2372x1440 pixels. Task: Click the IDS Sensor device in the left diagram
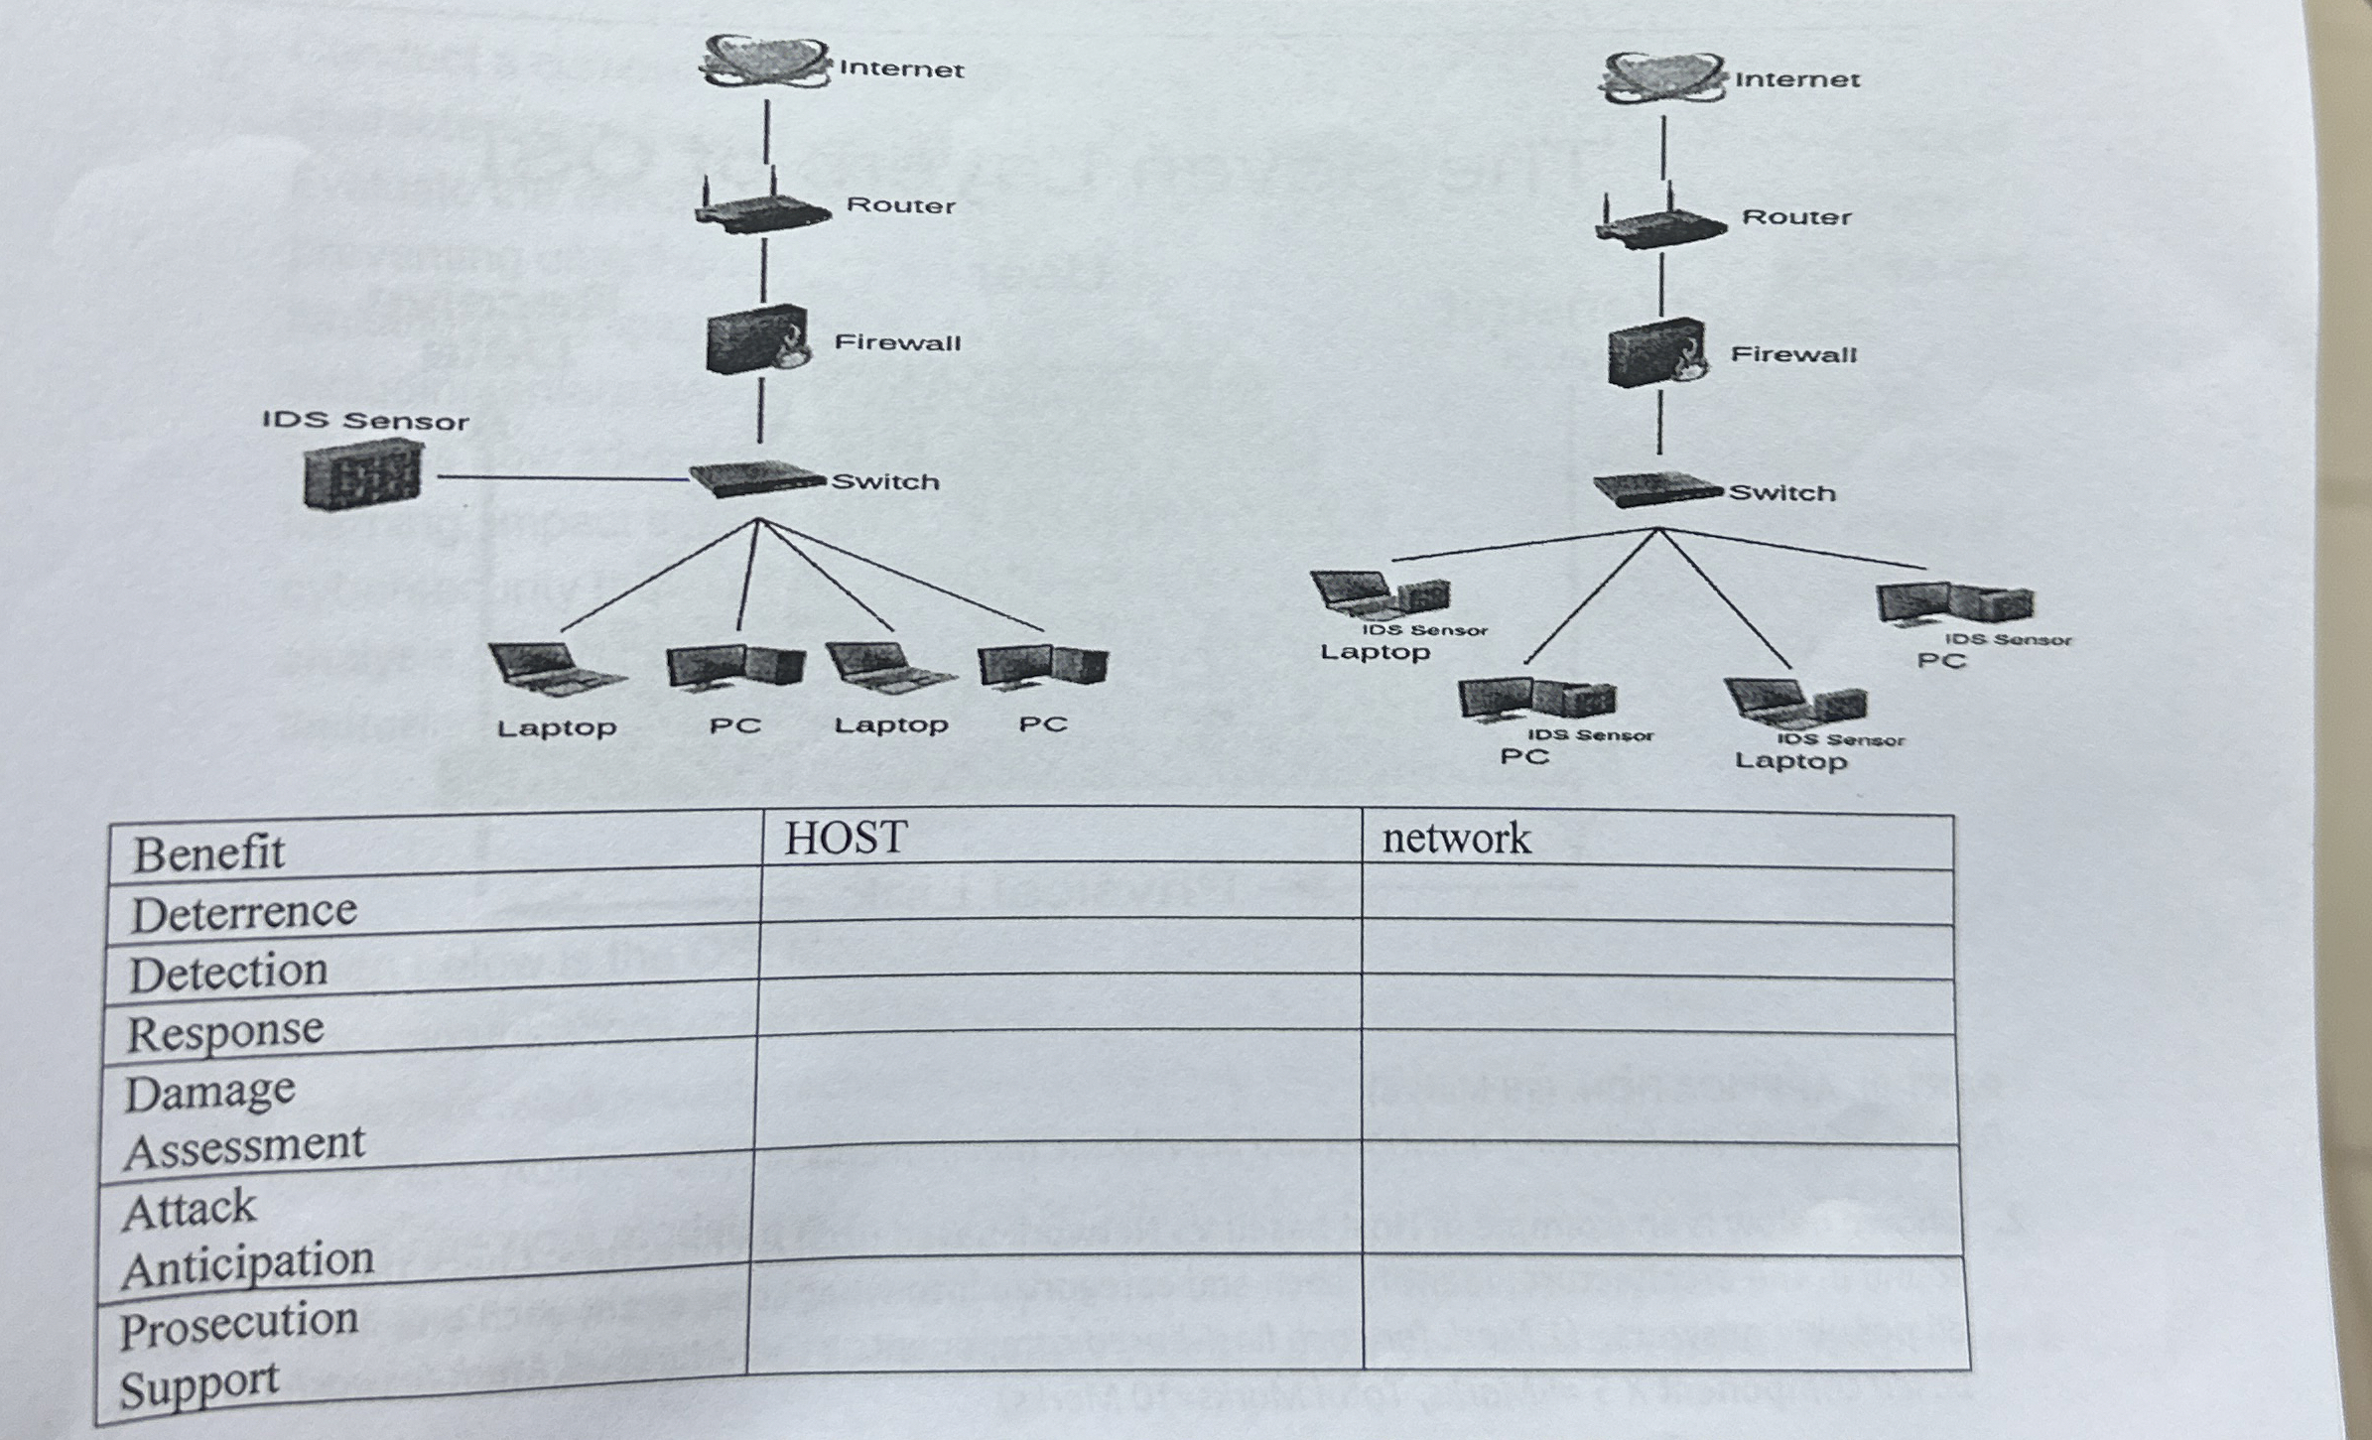[362, 474]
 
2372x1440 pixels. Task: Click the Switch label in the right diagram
[1781, 493]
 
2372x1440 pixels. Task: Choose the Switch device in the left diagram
[754, 478]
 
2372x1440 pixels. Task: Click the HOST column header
[846, 838]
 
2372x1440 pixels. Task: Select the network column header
[1455, 840]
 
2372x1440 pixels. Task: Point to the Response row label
[225, 1032]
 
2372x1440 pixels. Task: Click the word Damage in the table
[209, 1093]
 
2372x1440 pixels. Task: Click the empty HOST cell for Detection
[1059, 950]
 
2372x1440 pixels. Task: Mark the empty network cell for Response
[1657, 1006]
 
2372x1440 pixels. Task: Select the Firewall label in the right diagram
[1792, 354]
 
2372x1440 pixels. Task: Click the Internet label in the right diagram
[1796, 79]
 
